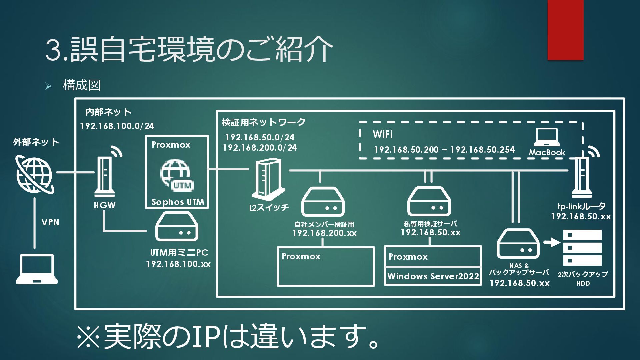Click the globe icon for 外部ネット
34,174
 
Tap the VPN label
50,222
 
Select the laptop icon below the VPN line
37,269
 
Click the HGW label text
105,205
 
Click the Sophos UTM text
178,202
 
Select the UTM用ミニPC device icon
177,227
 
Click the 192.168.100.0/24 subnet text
117,126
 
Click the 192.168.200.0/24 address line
260,148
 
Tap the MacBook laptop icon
547,137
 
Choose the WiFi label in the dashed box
382,134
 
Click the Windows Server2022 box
433,276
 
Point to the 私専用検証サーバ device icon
429,202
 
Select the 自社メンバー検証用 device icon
323,202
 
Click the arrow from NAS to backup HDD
552,242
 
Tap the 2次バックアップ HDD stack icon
582,247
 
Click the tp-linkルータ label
581,206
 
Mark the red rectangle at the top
565,30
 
